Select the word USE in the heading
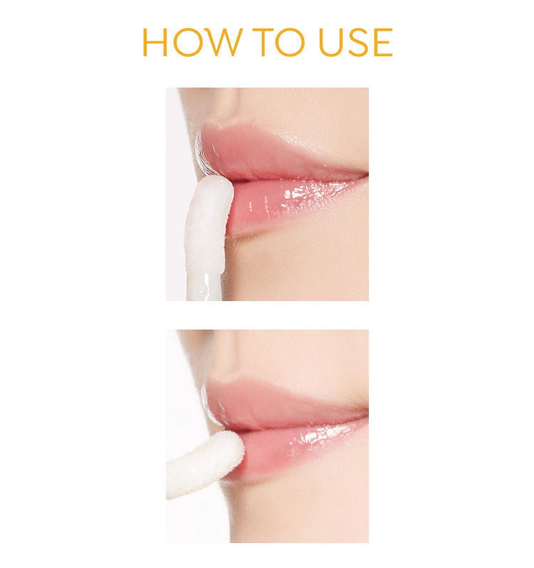pyautogui.click(x=356, y=42)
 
